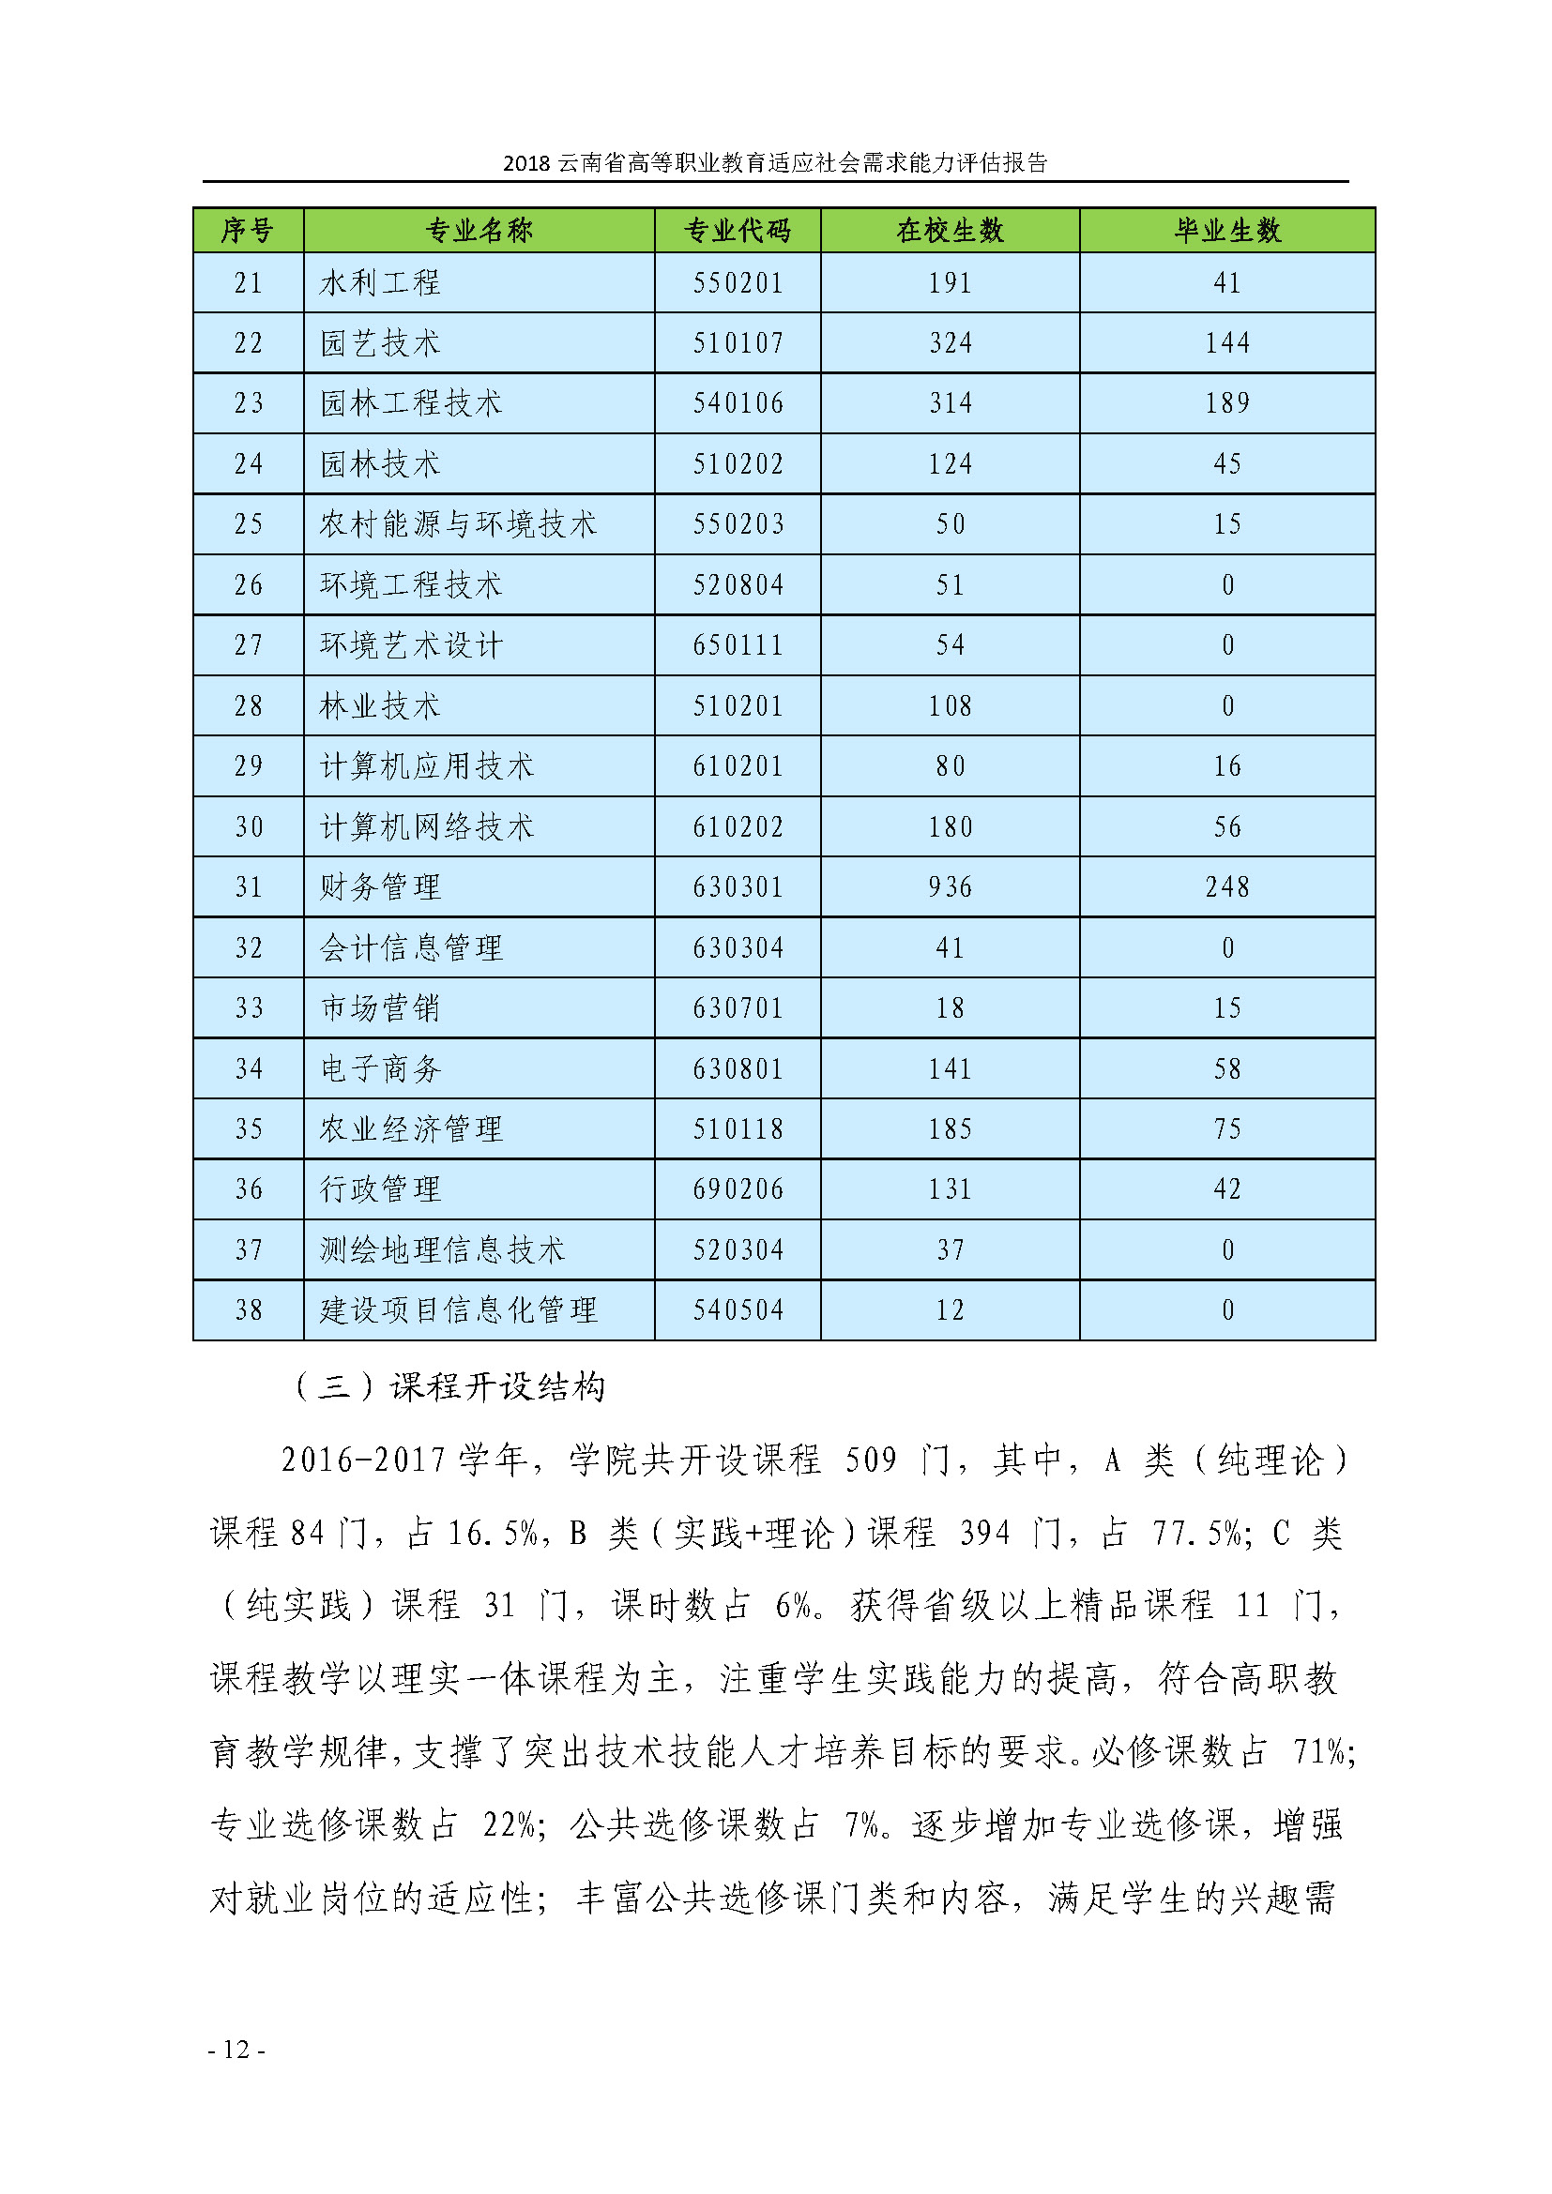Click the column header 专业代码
coord(737,231)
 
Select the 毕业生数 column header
coord(1227,231)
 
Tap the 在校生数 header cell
coord(950,231)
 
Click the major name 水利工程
coord(380,283)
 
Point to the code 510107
coord(738,343)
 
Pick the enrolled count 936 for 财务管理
coord(950,886)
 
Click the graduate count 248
coord(1227,886)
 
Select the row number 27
coord(249,645)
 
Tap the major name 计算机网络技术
coord(426,826)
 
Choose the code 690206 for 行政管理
coord(738,1188)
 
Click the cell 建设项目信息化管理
coord(459,1309)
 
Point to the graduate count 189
coord(1227,403)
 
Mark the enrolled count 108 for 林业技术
coord(950,706)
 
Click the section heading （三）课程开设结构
coord(449,1387)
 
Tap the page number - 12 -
coord(236,2050)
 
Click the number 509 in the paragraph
coord(871,1460)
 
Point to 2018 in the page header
coord(526,163)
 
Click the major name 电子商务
coord(380,1068)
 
